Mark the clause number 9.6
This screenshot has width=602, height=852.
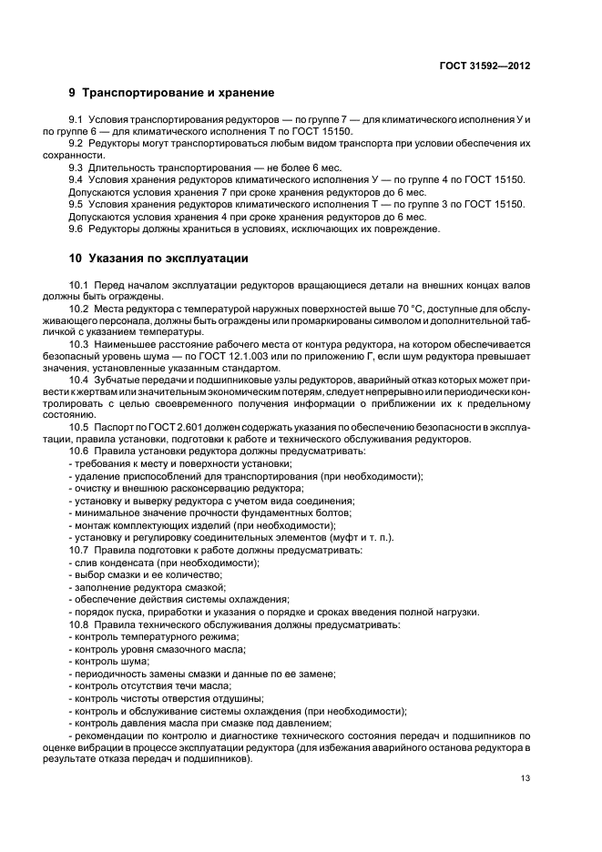[77, 228]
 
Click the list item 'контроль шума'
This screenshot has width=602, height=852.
[103, 662]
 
